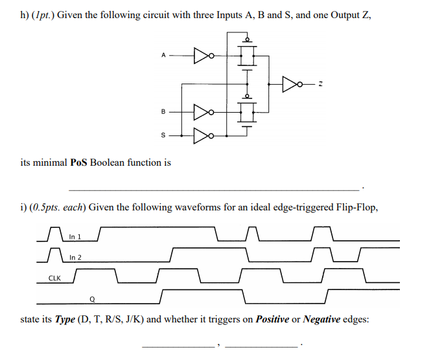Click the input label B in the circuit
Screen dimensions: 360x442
click(163, 111)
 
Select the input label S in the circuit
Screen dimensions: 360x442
click(163, 136)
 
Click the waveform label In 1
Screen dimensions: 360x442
click(75, 237)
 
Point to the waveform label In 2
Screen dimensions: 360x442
click(75, 258)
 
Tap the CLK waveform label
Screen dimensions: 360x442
click(55, 278)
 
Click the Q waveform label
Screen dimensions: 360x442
click(93, 299)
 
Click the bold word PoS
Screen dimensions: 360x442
click(78, 163)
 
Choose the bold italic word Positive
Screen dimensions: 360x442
click(272, 319)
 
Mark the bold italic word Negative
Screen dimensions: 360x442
click(321, 319)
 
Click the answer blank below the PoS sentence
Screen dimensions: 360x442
click(213, 188)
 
